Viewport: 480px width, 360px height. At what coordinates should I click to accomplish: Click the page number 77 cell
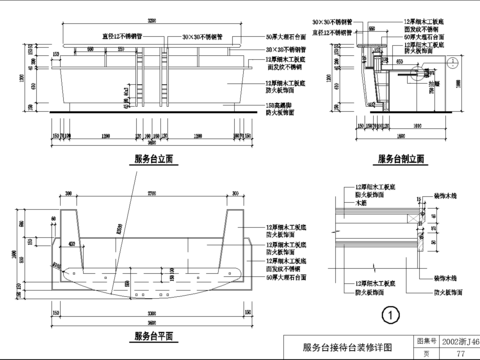pyautogui.click(x=460, y=353)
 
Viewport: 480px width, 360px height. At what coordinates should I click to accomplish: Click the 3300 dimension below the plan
pyautogui.click(x=151, y=322)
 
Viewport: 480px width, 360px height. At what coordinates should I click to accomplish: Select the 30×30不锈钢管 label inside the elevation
pyautogui.click(x=202, y=36)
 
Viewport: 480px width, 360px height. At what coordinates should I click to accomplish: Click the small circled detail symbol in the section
pyautogui.click(x=453, y=62)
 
